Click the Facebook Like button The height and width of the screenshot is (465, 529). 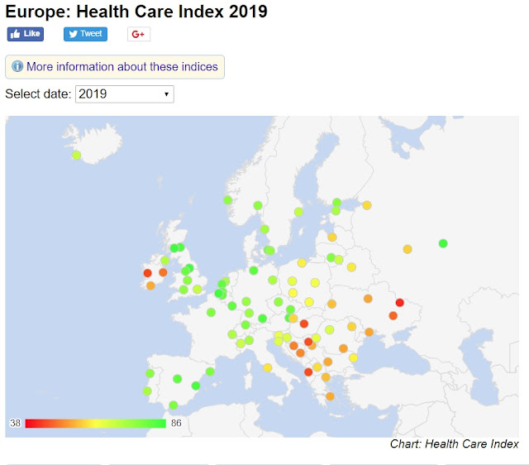pos(25,34)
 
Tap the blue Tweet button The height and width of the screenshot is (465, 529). pos(85,34)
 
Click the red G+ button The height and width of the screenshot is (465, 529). pos(138,34)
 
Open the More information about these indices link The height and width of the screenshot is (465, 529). pos(122,66)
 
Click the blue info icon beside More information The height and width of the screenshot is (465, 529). pos(17,66)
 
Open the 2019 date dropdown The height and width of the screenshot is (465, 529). pos(124,93)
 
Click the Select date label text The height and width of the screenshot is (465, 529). pos(37,93)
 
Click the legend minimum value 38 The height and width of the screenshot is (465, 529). pos(15,424)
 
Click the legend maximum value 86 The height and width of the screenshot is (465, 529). pos(176,424)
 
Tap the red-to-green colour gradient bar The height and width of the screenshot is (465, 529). pos(95,424)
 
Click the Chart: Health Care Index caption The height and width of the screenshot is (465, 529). pos(454,444)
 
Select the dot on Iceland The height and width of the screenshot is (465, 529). pos(76,155)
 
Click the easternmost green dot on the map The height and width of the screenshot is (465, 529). pos(443,243)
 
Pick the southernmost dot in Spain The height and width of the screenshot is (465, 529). pos(173,405)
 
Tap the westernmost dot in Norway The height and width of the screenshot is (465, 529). pos(227,199)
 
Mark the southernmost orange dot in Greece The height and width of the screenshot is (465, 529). pos(330,396)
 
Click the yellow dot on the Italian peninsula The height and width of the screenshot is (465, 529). pos(268,368)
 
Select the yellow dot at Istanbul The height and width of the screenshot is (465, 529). pos(353,357)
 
